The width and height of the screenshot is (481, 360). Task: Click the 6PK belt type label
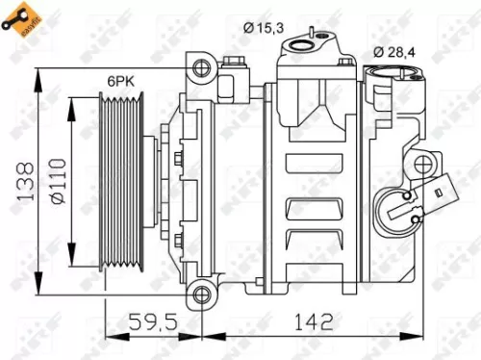(x=119, y=83)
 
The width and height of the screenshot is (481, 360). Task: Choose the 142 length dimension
(x=313, y=320)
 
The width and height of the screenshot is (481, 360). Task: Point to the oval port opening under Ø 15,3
(x=311, y=41)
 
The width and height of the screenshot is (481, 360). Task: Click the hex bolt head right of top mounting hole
(x=234, y=65)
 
